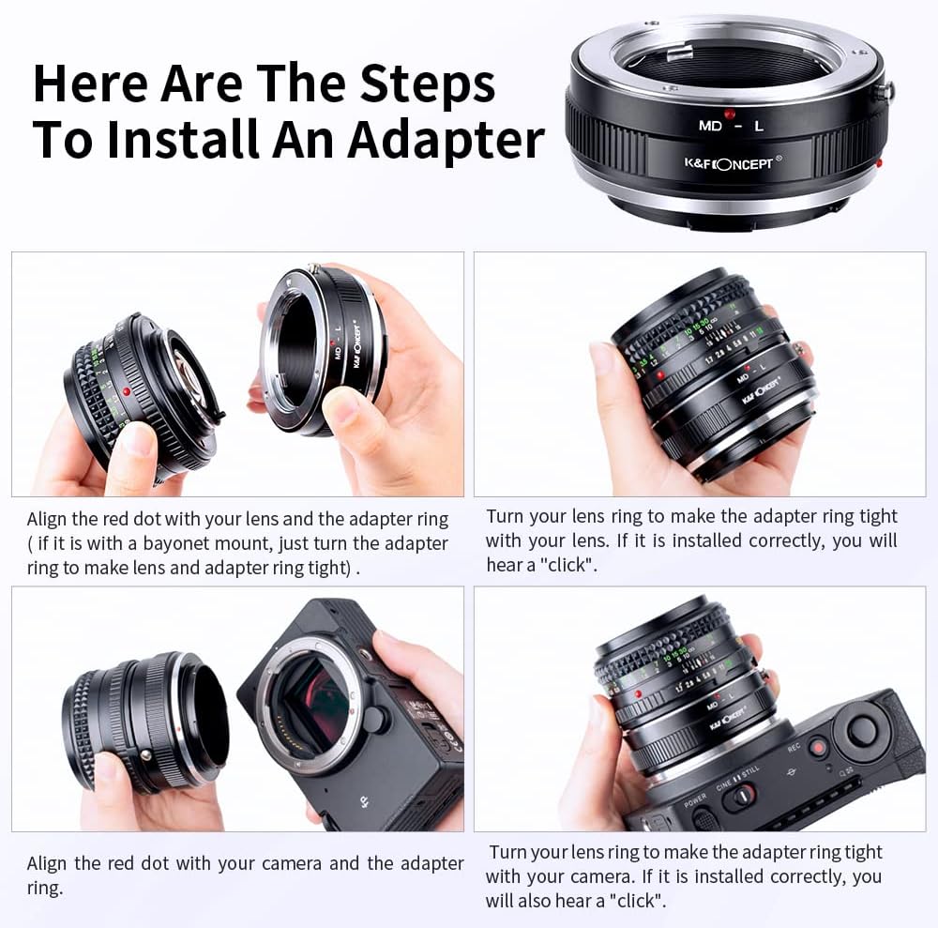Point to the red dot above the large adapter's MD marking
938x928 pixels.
(729, 114)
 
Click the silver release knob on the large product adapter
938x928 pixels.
(883, 91)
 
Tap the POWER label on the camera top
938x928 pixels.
(695, 802)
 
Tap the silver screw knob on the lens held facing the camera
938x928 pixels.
(145, 755)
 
